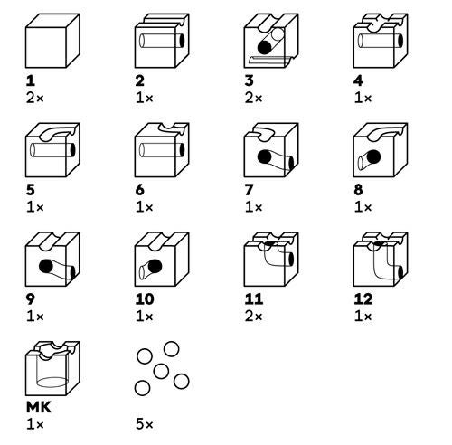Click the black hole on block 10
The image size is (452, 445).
coord(154,268)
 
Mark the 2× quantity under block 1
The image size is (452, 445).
coord(33,97)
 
